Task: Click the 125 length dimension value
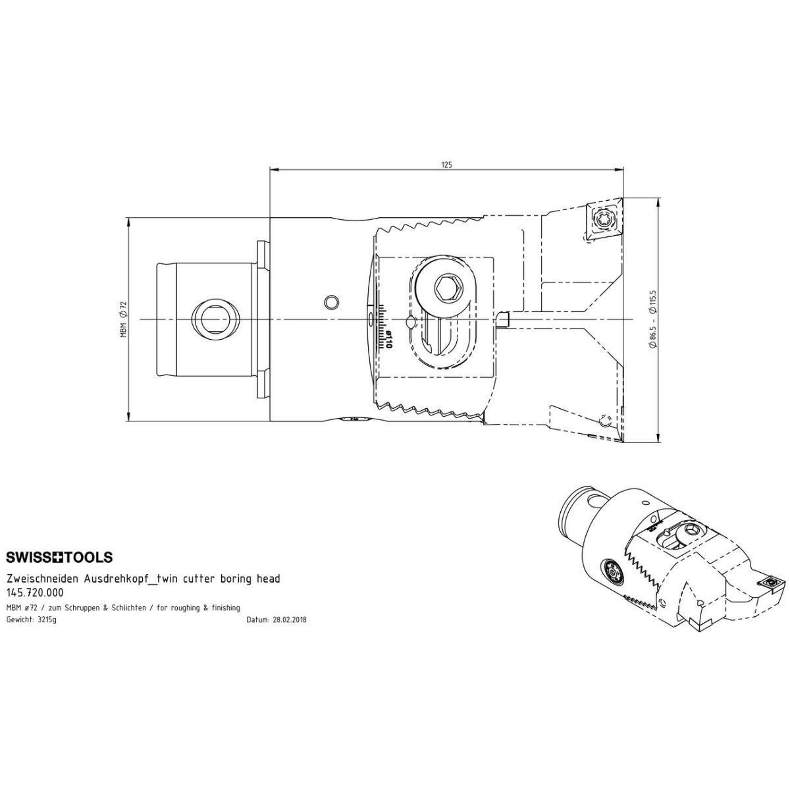click(447, 165)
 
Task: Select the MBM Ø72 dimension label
click(123, 319)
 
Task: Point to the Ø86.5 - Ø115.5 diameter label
click(653, 321)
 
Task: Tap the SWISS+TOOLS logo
click(59, 557)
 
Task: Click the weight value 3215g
click(46, 620)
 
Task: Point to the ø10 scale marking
click(388, 340)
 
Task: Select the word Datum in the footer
click(257, 620)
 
